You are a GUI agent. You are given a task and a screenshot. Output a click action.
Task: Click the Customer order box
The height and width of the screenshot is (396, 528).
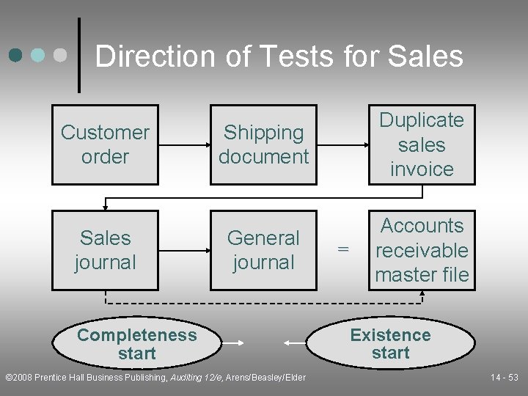point(105,144)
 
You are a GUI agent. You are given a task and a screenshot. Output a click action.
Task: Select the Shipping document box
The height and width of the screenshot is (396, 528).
point(263,144)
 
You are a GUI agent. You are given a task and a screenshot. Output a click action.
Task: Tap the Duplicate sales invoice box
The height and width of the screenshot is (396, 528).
point(422,144)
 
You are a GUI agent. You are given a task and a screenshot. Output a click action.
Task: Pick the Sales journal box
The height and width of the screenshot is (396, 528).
point(105,250)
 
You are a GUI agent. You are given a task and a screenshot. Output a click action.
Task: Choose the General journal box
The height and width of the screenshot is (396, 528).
point(263,250)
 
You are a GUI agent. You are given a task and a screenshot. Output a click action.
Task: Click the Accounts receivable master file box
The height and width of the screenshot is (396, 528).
point(422,250)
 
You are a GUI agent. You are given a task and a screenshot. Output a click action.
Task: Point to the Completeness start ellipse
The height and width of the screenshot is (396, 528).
point(136,344)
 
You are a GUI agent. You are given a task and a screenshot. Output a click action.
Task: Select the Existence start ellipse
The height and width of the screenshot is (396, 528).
point(390,344)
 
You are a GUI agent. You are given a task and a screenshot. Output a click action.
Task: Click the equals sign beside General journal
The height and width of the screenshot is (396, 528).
point(342,250)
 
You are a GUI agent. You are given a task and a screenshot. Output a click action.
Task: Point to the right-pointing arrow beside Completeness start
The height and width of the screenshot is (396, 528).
point(233,342)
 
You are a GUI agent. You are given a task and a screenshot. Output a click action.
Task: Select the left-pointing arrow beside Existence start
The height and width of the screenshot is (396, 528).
point(296,342)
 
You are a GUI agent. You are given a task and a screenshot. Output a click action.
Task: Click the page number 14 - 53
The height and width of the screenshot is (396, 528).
point(505,378)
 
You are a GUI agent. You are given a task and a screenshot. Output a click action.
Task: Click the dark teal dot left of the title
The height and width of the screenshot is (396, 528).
point(17,55)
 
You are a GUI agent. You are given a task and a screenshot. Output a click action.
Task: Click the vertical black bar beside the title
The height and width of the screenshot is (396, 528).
point(79,55)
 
